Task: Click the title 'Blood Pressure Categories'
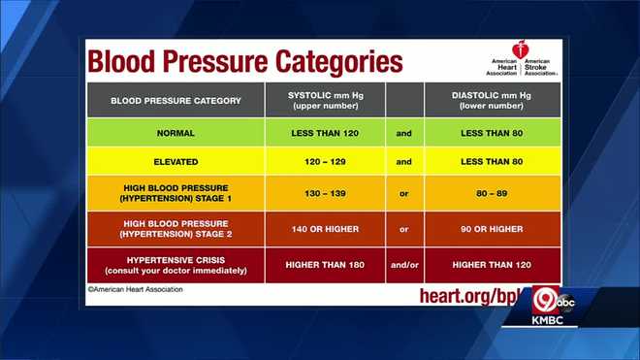245,61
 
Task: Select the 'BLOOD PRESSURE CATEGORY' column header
176,100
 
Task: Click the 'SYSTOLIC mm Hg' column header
325,100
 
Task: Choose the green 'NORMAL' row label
176,131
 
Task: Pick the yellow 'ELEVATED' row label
176,162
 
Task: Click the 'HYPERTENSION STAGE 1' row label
176,195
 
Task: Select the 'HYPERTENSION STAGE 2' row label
176,229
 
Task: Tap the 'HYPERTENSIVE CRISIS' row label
176,264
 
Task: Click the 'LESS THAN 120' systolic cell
325,131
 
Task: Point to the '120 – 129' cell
325,162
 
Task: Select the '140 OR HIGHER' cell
325,229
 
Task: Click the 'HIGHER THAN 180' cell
325,264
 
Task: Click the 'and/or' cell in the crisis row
404,264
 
